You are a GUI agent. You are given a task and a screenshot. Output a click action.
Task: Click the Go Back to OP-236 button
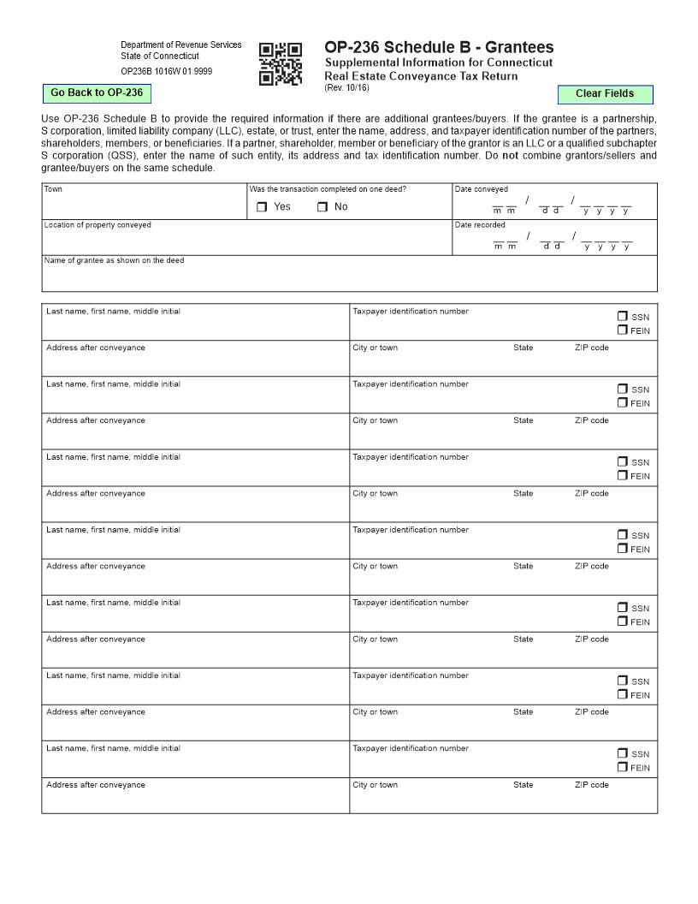pyautogui.click(x=97, y=92)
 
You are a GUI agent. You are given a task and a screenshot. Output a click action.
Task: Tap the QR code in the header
pyautogui.click(x=281, y=64)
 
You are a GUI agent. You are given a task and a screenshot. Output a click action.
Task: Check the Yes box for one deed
pyautogui.click(x=263, y=207)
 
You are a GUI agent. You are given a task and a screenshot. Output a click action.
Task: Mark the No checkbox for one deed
pyautogui.click(x=322, y=207)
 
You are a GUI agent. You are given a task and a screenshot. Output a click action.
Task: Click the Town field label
pyautogui.click(x=53, y=189)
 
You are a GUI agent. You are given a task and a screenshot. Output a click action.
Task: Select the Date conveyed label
pyautogui.click(x=481, y=189)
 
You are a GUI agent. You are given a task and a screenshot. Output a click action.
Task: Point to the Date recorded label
pyautogui.click(x=480, y=225)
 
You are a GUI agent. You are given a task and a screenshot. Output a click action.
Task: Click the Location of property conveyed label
pyautogui.click(x=98, y=225)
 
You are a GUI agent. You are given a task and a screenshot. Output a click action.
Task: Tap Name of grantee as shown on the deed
pyautogui.click(x=114, y=261)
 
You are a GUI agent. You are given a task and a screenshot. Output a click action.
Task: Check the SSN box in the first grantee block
pyautogui.click(x=623, y=317)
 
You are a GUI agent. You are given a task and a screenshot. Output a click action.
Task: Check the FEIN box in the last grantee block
pyautogui.click(x=623, y=767)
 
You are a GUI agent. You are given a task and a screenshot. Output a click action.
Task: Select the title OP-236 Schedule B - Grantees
pyautogui.click(x=439, y=47)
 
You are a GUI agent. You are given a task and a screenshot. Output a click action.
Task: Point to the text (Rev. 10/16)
pyautogui.click(x=346, y=88)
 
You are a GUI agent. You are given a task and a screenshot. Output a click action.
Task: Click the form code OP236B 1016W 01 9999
pyautogui.click(x=166, y=72)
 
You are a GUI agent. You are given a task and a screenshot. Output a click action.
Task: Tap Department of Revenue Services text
pyautogui.click(x=180, y=45)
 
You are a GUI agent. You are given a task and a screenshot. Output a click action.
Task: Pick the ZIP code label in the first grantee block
pyautogui.click(x=592, y=348)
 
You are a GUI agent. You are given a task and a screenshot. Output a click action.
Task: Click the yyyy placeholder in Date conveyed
pyautogui.click(x=606, y=211)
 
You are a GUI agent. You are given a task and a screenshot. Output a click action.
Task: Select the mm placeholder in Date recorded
pyautogui.click(x=505, y=247)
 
